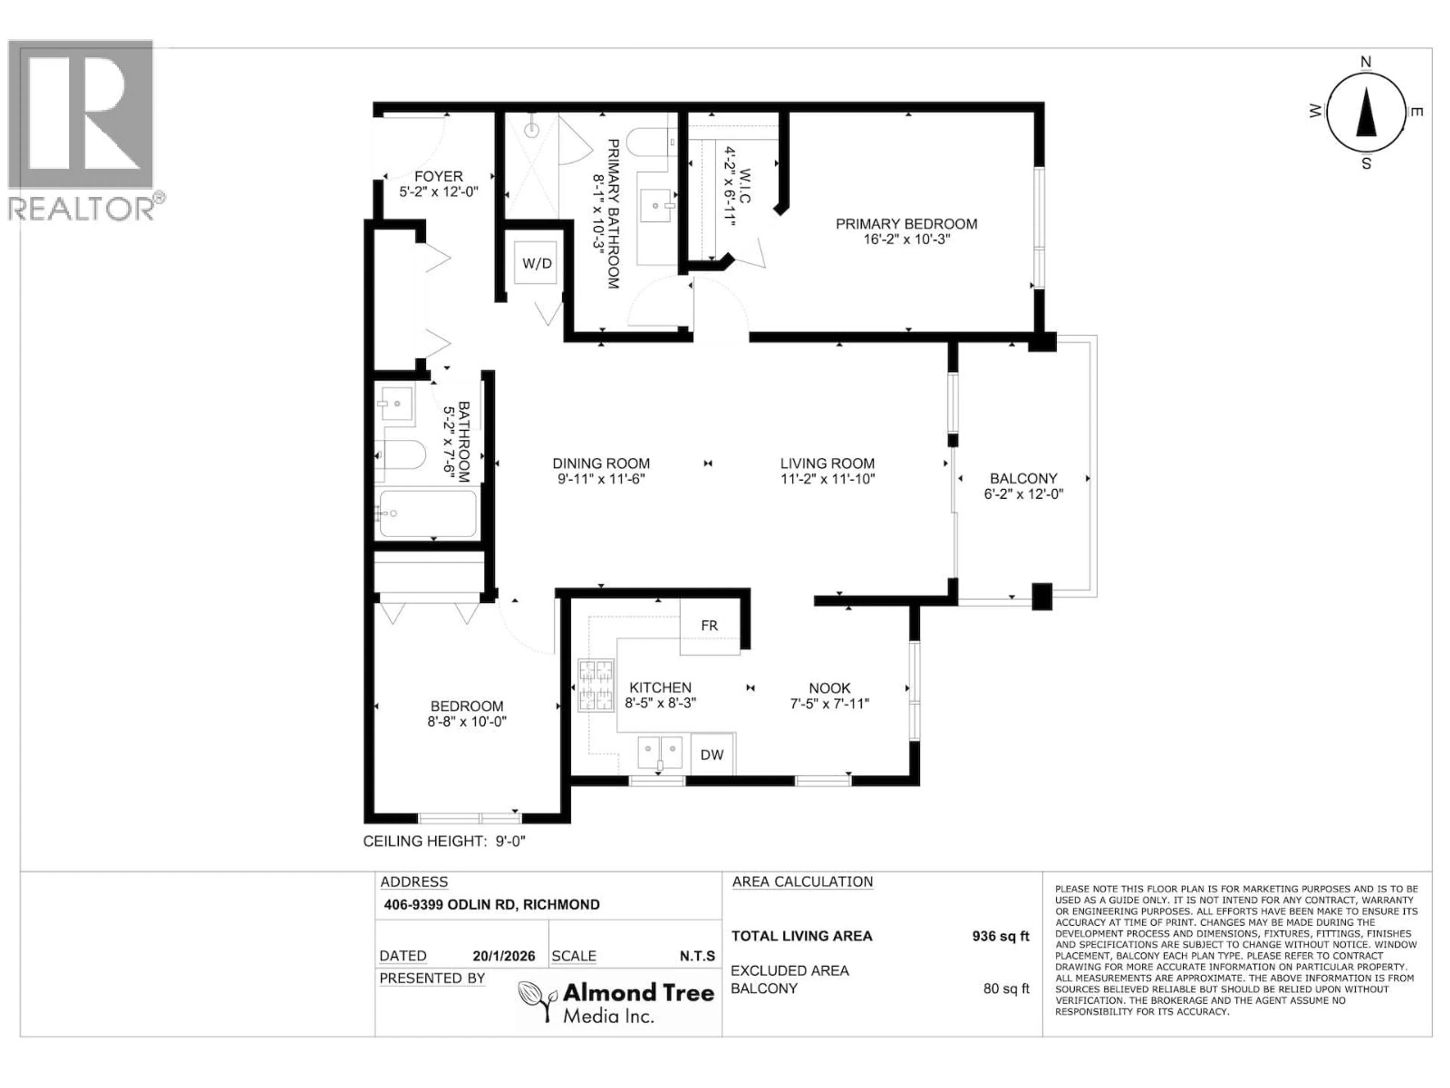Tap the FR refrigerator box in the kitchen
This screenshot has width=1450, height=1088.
[x=709, y=626]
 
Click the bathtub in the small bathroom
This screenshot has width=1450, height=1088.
[x=428, y=513]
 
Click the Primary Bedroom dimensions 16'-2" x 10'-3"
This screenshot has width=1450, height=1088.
[x=907, y=240]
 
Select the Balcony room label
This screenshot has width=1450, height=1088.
[x=1023, y=479]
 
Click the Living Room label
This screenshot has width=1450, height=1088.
[x=827, y=464]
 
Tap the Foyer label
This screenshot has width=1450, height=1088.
[x=438, y=176]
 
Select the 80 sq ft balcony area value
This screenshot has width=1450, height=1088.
[x=1006, y=988]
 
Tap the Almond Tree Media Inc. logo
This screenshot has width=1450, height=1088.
[x=616, y=1001]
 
